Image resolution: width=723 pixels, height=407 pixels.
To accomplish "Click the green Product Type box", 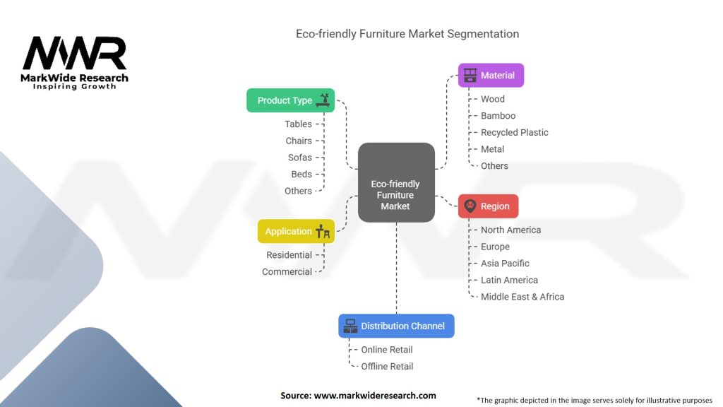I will coord(290,100).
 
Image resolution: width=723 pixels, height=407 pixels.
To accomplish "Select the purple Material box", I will coord(491,75).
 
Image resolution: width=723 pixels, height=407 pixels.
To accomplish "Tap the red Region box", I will coord(488,206).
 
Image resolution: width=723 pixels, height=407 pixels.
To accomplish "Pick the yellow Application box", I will coord(296,231).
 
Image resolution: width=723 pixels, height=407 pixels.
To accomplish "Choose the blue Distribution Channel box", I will coord(396,326).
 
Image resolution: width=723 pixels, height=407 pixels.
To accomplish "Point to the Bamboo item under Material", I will coord(498,116).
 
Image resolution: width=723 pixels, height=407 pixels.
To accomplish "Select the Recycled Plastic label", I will coord(514,132).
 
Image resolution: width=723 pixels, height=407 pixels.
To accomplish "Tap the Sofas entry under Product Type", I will coord(299,158).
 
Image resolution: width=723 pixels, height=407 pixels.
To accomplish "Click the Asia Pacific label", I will coord(505,264).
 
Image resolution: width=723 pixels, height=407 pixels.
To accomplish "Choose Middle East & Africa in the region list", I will coord(522,297).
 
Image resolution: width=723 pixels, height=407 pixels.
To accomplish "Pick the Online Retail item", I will coord(386,350).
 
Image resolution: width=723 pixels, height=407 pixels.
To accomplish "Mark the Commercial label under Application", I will coord(287,271).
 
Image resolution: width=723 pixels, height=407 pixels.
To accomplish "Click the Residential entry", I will coord(289,255).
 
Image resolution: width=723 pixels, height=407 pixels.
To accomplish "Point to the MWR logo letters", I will coord(74,54).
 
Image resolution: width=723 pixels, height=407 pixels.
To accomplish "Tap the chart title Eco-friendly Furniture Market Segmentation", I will coord(407,34).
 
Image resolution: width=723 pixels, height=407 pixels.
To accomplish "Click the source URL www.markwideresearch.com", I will coord(374,396).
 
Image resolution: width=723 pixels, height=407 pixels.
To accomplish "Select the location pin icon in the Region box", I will coord(470,206).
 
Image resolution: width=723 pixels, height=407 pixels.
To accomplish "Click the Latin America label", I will coord(509,280).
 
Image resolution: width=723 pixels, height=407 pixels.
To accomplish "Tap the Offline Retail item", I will coord(387,366).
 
